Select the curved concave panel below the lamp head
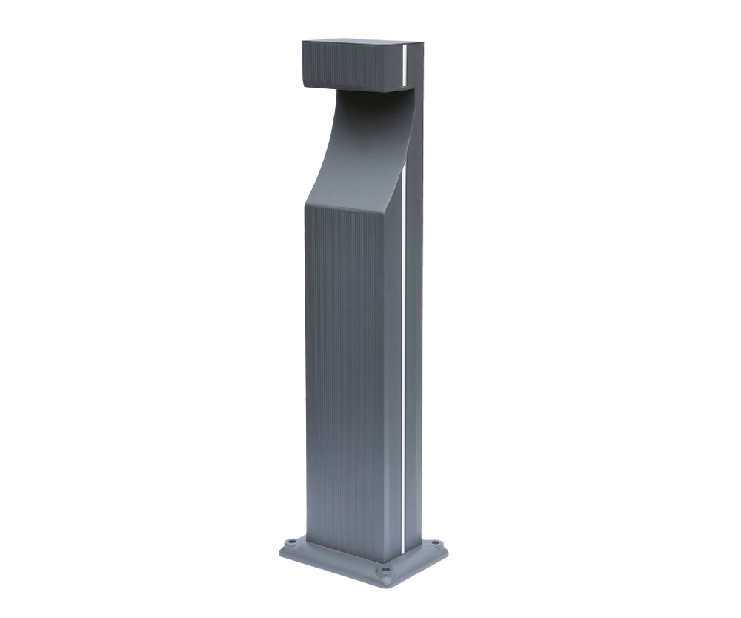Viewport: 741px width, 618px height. (356, 148)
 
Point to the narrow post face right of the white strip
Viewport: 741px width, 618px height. (413, 334)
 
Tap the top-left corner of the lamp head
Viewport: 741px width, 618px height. (302, 42)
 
